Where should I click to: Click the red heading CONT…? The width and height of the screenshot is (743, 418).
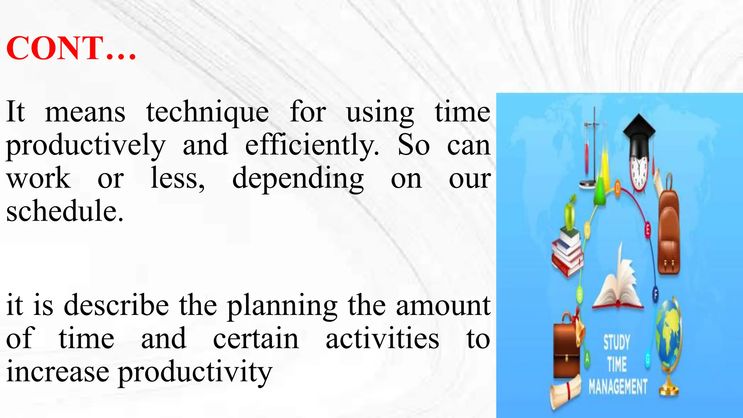[x=71, y=48]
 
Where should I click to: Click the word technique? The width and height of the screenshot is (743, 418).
[x=208, y=112]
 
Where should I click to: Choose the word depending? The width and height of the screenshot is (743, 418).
[x=298, y=179]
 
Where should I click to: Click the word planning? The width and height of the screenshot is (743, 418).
[x=282, y=306]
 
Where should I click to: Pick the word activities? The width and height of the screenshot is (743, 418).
[x=382, y=339]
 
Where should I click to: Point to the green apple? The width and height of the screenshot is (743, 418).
[x=570, y=214]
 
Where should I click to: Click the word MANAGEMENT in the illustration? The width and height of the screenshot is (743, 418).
[x=618, y=387]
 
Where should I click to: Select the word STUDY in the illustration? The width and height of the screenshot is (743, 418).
[x=616, y=342]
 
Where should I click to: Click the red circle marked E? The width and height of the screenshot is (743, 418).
[x=648, y=230]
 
